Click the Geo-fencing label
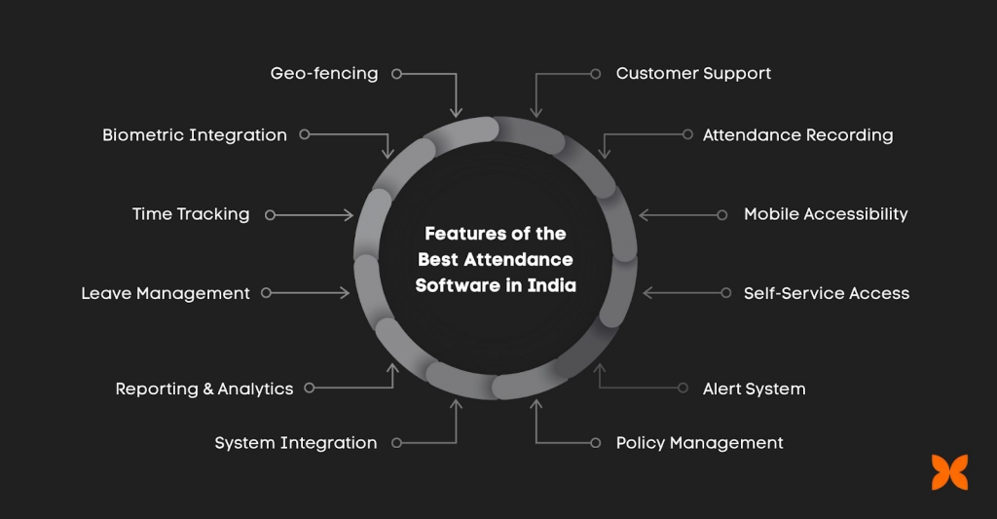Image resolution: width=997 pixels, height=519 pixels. [x=324, y=74]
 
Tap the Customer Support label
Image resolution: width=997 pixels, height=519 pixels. [x=693, y=74]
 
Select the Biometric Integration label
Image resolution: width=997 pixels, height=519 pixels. [x=195, y=135]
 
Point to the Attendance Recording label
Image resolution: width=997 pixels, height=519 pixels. [x=798, y=135]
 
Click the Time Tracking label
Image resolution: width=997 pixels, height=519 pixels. [x=191, y=214]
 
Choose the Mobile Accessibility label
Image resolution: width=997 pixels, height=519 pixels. [x=826, y=214]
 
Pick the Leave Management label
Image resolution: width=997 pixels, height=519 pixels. [x=166, y=293]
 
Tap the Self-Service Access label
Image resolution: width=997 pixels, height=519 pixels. [x=827, y=293]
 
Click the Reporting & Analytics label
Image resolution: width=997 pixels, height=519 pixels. [x=204, y=389]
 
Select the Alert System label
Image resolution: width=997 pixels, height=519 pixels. [x=755, y=389]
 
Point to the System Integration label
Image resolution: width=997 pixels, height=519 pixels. [x=296, y=443]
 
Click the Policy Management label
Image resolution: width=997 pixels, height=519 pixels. [x=699, y=443]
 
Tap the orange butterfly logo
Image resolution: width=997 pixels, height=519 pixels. [x=950, y=472]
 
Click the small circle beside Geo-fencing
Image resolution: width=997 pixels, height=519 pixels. [x=397, y=74]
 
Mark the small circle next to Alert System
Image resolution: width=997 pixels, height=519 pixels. [x=683, y=388]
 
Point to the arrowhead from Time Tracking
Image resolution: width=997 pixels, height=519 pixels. [x=349, y=215]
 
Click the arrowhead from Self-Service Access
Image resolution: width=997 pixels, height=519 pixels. [x=648, y=292]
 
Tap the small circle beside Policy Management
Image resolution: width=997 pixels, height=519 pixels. [x=596, y=443]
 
